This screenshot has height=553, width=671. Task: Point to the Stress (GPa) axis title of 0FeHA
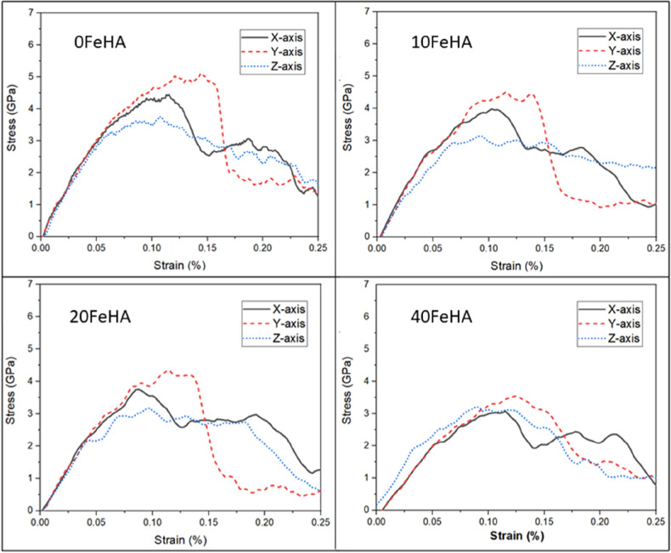point(11,124)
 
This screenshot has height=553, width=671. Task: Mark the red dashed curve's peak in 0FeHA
point(201,74)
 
